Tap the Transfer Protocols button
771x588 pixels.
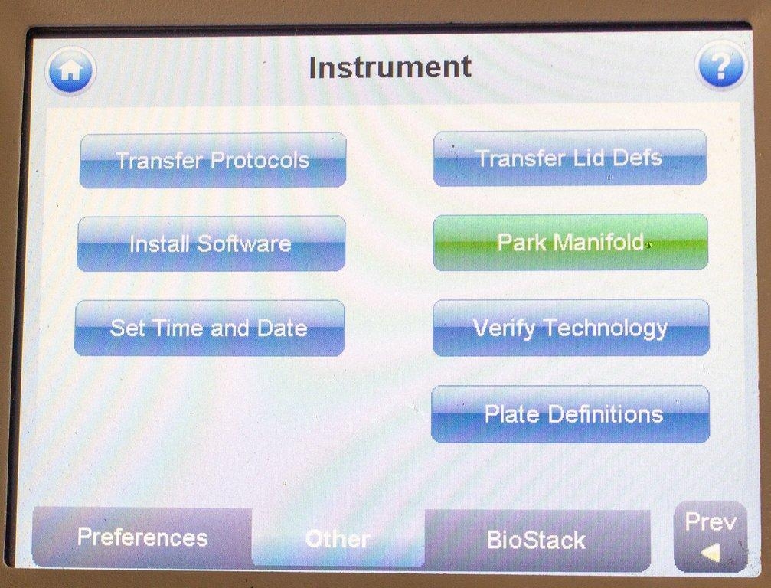tap(213, 160)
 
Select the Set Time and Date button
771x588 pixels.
tap(209, 328)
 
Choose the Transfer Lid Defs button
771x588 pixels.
tap(570, 158)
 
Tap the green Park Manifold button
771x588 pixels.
tap(570, 242)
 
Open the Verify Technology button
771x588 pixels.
tap(570, 328)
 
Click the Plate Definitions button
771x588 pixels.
tap(570, 413)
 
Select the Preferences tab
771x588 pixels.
tap(142, 537)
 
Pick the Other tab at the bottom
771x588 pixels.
tap(338, 539)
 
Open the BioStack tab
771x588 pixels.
tap(536, 540)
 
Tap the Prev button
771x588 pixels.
tap(711, 536)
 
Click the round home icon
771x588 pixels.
tap(70, 71)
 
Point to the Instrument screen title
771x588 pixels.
tap(390, 67)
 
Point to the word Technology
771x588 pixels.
tap(606, 328)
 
